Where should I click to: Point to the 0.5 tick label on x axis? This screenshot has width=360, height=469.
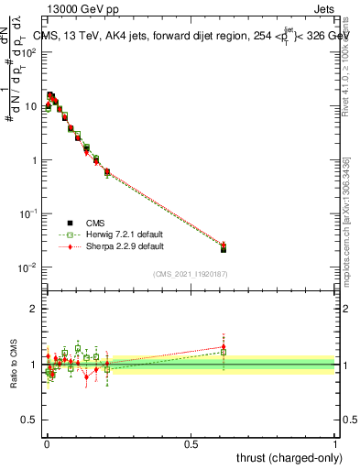pos(191,442)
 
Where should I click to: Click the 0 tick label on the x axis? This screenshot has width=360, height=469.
pos(47,442)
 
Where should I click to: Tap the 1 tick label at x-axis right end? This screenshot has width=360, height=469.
pos(335,442)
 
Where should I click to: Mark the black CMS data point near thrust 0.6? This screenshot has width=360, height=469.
pos(224,249)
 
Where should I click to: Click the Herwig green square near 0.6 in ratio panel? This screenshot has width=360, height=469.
pos(224,352)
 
